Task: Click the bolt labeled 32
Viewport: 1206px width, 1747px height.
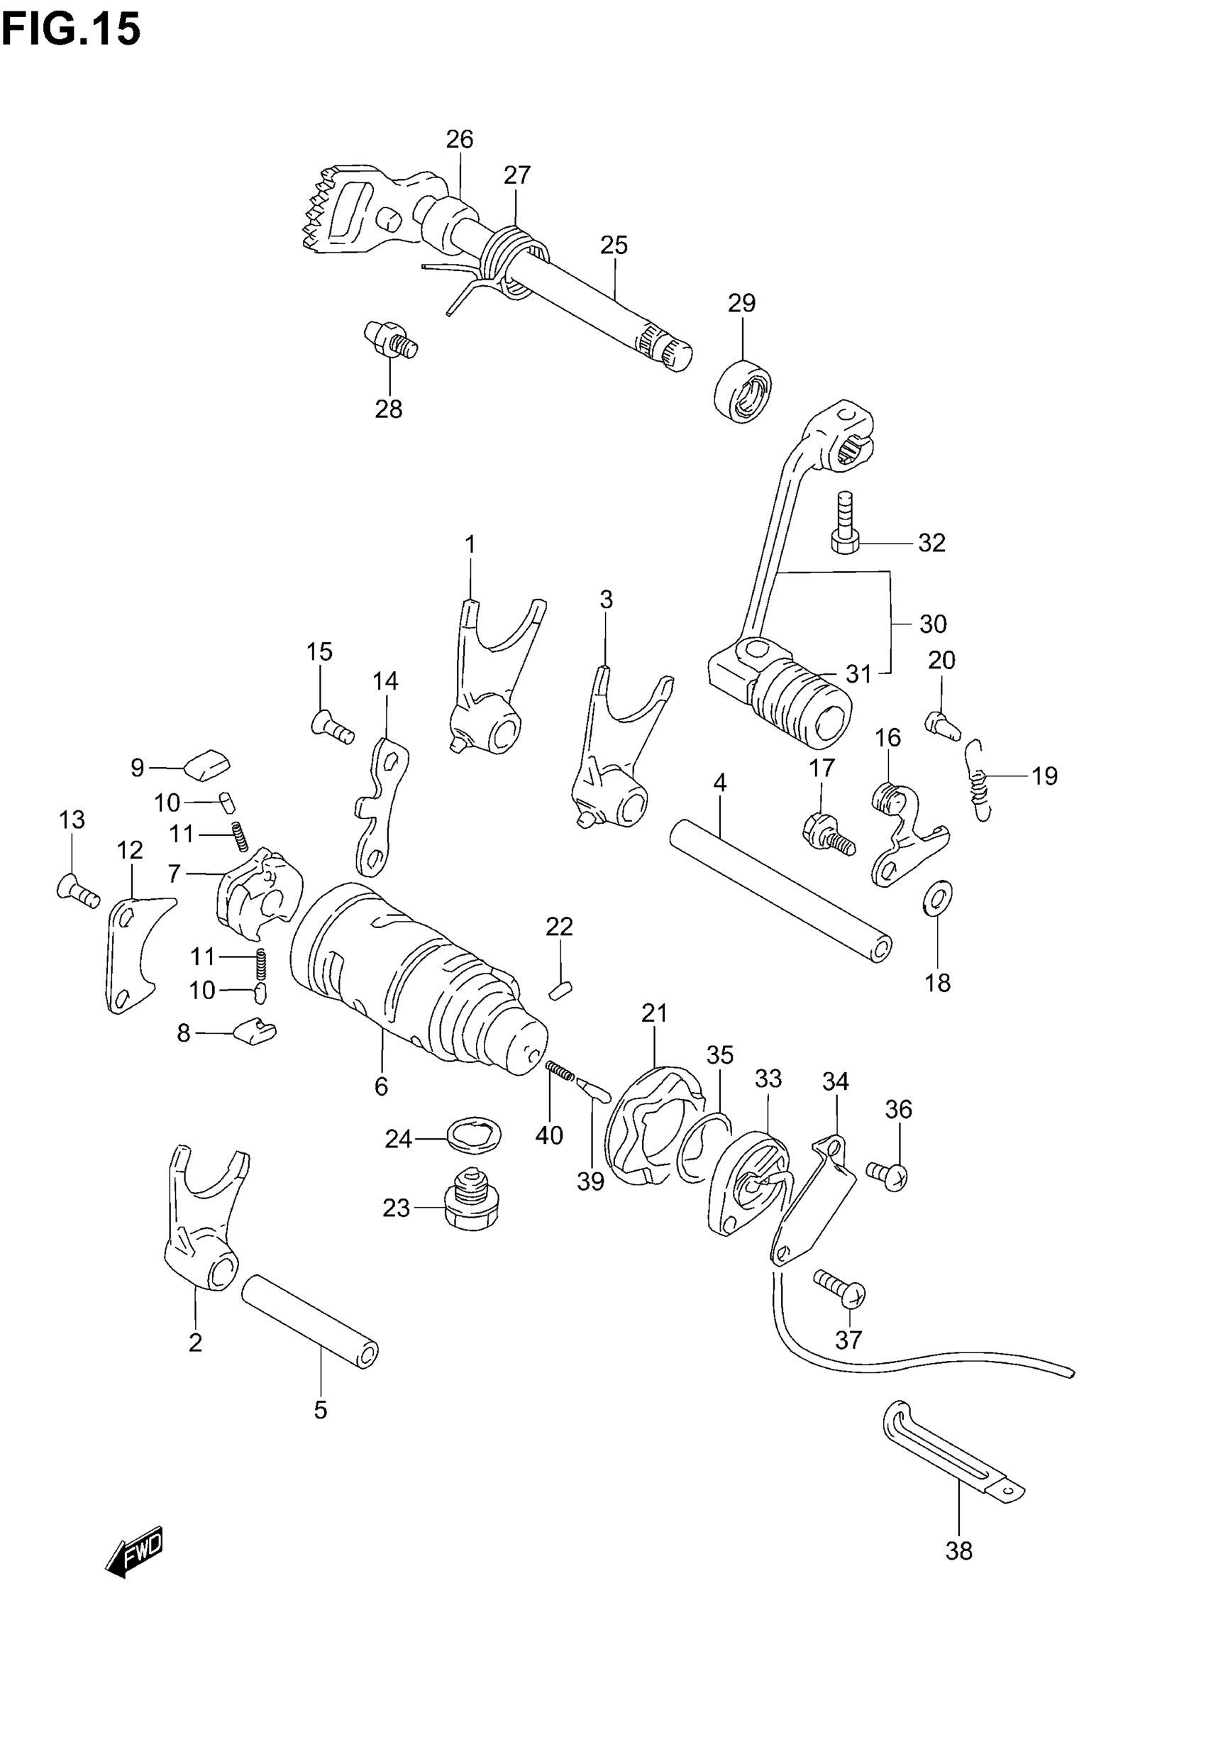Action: (x=845, y=522)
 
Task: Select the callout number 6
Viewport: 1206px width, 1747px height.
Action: (x=381, y=1086)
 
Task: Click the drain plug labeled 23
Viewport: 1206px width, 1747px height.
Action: (x=471, y=1207)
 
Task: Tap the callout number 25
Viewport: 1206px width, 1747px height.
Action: (x=614, y=246)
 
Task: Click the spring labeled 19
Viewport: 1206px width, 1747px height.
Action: (x=978, y=779)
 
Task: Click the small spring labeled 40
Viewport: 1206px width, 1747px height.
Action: (x=560, y=1069)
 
